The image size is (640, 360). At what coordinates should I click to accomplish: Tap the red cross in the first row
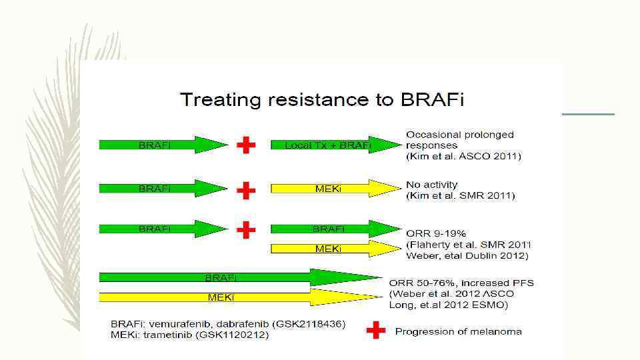[x=246, y=145]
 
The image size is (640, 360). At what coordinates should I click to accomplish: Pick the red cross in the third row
[x=246, y=230]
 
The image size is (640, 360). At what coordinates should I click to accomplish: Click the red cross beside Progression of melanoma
[x=376, y=331]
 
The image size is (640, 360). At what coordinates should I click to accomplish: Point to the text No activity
[x=432, y=184]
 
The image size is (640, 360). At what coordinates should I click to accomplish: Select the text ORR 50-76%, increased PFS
[x=461, y=283]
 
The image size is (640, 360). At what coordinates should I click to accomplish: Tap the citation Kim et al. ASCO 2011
[x=463, y=156]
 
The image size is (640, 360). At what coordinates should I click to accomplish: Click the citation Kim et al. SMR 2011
[x=461, y=195]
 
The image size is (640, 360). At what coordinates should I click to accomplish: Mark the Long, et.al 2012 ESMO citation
[x=449, y=305]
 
